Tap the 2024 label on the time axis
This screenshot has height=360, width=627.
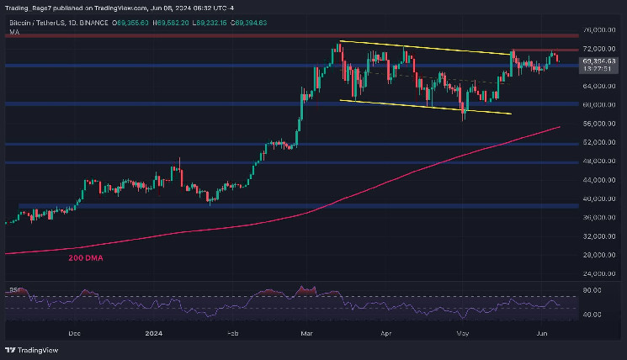pyautogui.click(x=152, y=332)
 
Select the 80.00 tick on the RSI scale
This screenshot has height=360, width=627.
pyautogui.click(x=592, y=291)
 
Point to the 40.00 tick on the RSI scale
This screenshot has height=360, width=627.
pyautogui.click(x=592, y=315)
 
